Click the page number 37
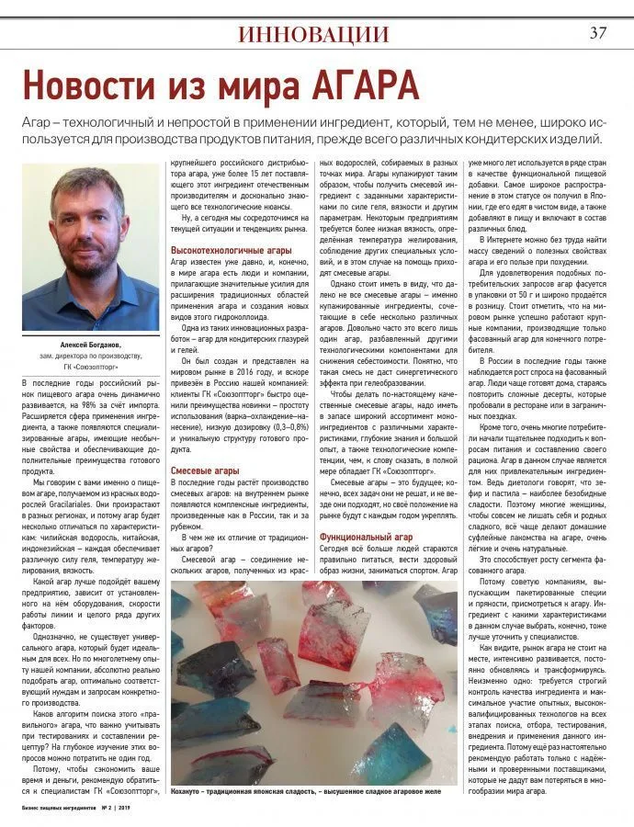597,33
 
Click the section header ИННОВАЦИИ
312,34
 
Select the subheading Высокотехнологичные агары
231,250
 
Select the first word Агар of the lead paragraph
38,124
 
